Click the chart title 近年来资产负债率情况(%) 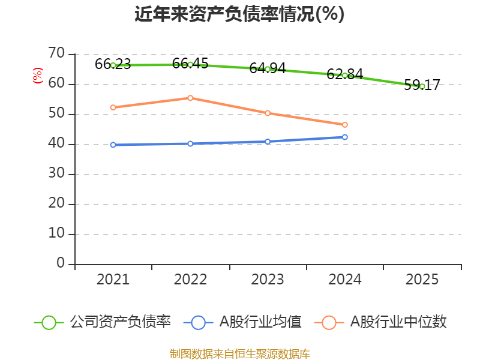pos(239,14)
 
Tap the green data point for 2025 pos(422,86)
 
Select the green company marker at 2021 pos(113,65)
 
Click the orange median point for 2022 pos(190,98)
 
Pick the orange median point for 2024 pos(345,125)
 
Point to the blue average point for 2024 pos(345,137)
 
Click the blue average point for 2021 pos(113,145)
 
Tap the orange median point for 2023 pos(268,113)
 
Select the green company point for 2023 pos(268,69)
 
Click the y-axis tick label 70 pos(56,54)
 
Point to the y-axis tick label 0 pos(61,263)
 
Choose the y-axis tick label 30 pos(56,174)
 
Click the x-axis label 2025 pos(422,280)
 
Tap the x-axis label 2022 pos(190,280)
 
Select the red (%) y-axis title pos(38,76)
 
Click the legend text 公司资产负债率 pos(121,322)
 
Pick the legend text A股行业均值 pos(260,322)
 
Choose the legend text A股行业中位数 pos(398,322)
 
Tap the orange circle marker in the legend pos(329,322)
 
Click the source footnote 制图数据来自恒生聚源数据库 pos(239,353)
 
